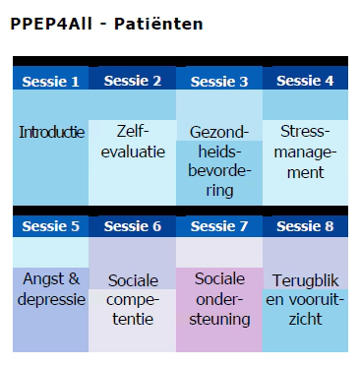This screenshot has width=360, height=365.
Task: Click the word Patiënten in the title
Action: point(158,24)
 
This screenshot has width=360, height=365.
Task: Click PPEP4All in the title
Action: point(51,24)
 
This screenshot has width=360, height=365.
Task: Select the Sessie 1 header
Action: point(50,82)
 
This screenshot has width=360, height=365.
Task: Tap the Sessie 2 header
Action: point(133,81)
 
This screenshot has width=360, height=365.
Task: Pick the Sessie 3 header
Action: point(219,82)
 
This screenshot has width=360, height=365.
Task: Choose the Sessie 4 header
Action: point(305,81)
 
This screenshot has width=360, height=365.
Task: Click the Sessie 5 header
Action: point(50,226)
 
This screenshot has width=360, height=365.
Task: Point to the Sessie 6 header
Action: point(133,226)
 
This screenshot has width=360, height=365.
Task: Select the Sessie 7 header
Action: point(219,226)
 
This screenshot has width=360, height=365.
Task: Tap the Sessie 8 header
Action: point(305,226)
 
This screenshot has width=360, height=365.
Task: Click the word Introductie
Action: point(51,132)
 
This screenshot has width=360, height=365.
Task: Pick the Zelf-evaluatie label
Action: point(133,142)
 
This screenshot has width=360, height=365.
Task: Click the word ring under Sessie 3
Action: point(219,191)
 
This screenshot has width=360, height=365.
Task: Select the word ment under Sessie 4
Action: point(305,172)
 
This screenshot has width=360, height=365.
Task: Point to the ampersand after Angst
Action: point(74,279)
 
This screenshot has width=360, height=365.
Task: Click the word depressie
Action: point(51,300)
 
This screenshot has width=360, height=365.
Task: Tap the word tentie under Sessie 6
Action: point(133,319)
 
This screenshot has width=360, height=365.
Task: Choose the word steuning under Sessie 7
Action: point(219,320)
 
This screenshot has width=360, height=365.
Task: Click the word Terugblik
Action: point(305,280)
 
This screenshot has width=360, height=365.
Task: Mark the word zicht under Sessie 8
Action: point(305,319)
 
